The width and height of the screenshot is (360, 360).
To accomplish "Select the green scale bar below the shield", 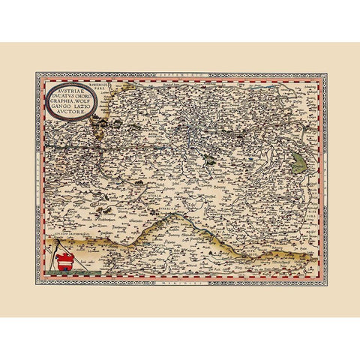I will [x=63, y=278].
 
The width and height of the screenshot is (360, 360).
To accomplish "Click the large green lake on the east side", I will [x=298, y=160].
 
